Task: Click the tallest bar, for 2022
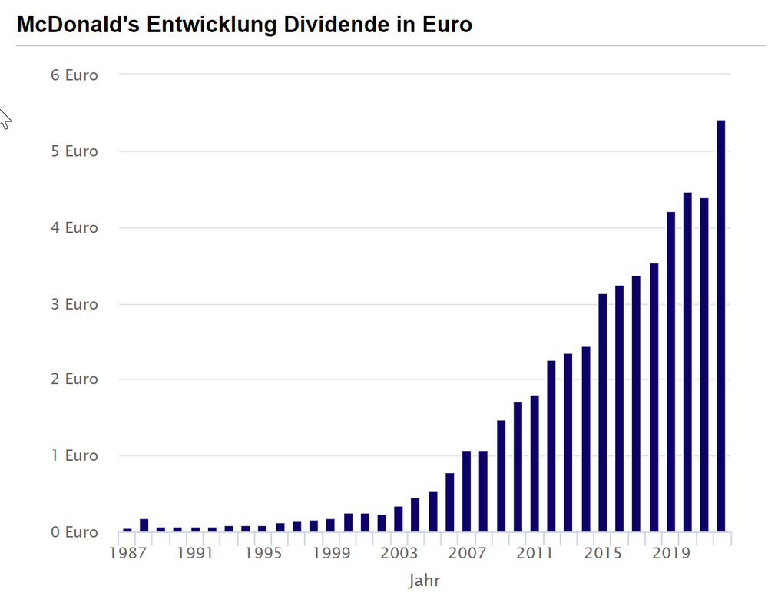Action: (x=720, y=326)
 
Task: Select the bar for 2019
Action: (x=670, y=372)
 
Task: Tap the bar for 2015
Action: (x=602, y=413)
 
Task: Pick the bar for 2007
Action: (x=466, y=492)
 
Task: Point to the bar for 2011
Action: (x=535, y=463)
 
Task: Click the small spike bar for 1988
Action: (x=144, y=525)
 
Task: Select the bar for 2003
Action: (x=398, y=519)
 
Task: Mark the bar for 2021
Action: (x=703, y=365)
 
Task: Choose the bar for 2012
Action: (x=551, y=446)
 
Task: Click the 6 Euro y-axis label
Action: (x=74, y=75)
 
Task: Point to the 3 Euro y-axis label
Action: (x=74, y=304)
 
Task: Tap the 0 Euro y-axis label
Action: (x=74, y=531)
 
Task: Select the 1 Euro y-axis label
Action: (x=74, y=455)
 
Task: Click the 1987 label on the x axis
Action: (x=127, y=553)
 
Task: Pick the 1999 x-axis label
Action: (x=332, y=553)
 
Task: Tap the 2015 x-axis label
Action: (x=603, y=553)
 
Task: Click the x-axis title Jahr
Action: (x=424, y=581)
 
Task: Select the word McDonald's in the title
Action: (x=78, y=25)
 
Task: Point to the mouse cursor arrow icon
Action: (x=5, y=119)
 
